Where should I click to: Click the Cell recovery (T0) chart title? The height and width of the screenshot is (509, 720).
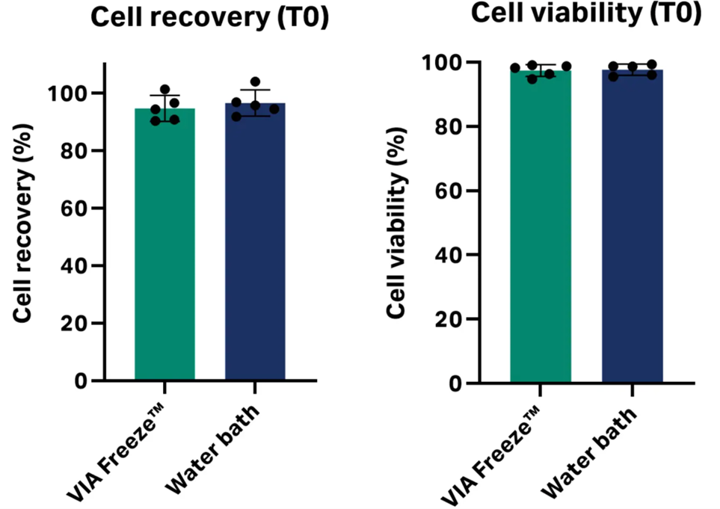tap(209, 18)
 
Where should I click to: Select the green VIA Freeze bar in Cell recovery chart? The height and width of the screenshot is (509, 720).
tap(164, 247)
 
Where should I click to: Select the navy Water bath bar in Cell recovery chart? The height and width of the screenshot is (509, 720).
tap(255, 247)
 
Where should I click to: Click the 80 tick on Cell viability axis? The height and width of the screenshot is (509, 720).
tap(446, 126)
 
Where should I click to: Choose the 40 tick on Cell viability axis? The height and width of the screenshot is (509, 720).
tap(446, 255)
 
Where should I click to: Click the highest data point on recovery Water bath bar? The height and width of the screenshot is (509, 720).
tap(255, 81)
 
